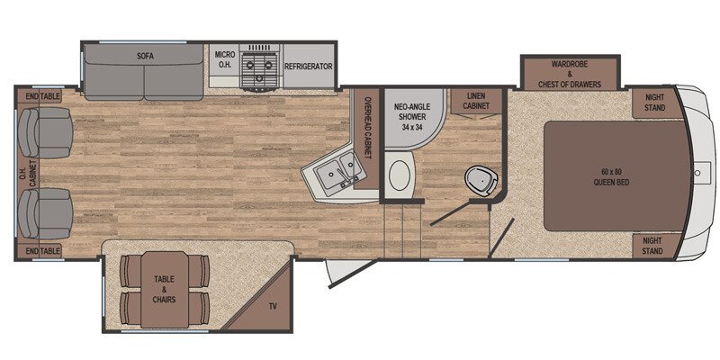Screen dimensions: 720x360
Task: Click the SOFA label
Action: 145,57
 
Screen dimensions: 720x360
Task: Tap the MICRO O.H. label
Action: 225,60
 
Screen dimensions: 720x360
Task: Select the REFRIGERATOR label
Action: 309,66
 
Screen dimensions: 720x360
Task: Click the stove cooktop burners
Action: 259,68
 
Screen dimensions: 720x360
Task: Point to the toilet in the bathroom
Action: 481,181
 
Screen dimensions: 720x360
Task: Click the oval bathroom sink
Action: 400,175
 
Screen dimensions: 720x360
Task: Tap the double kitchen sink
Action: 339,172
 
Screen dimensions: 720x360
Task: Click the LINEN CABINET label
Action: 476,101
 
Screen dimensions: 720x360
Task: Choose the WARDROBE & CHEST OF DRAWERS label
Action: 570,75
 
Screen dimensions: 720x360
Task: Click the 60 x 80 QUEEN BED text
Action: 611,176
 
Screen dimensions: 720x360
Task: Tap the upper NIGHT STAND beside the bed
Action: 655,103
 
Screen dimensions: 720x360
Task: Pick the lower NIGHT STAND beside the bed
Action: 652,246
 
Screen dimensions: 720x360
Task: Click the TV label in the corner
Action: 273,307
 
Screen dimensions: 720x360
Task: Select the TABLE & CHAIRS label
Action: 165,289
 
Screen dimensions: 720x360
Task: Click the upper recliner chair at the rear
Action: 45,132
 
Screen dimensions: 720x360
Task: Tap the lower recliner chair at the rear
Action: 45,213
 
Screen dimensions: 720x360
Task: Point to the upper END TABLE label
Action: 43,96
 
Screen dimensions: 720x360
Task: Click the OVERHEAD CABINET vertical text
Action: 367,128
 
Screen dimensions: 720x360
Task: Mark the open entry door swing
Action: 352,274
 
